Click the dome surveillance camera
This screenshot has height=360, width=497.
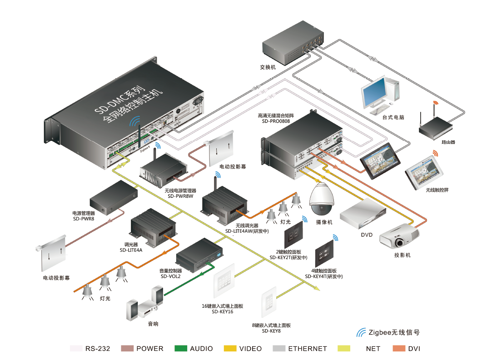pos(322,201)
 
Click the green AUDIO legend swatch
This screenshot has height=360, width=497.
pos(181,349)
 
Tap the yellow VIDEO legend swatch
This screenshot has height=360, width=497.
pos(230,349)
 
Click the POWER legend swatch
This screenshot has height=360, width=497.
pos(127,349)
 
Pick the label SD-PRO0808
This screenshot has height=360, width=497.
pos(276,122)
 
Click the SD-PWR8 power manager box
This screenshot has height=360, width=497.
pos(113,198)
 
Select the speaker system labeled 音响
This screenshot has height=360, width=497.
pos(146,305)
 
